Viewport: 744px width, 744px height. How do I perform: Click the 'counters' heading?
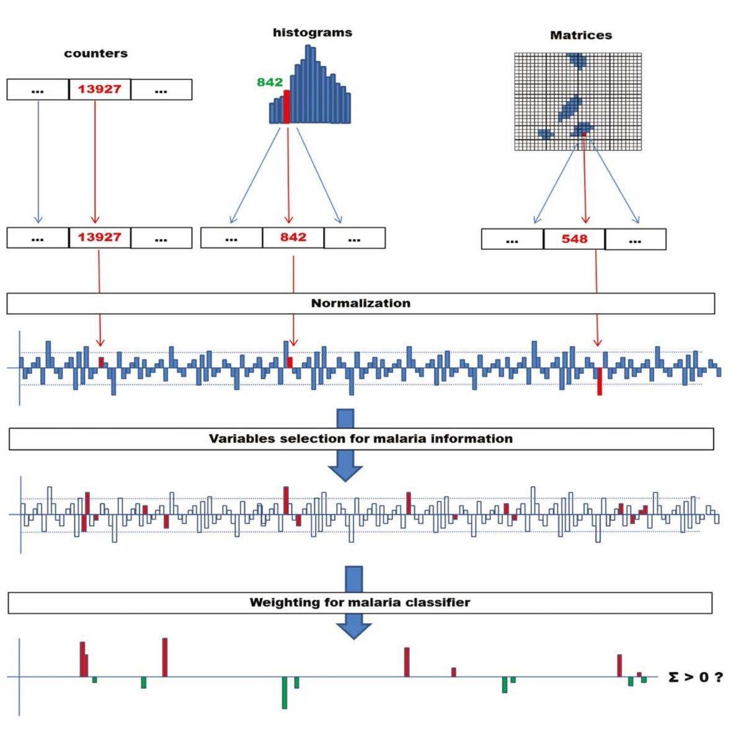(x=95, y=54)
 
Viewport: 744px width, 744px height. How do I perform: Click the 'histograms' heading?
(x=312, y=33)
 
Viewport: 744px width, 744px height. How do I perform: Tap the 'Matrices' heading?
(x=581, y=36)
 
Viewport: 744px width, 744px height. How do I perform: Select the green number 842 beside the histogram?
(x=270, y=82)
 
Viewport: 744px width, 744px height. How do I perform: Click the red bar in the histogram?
(x=286, y=107)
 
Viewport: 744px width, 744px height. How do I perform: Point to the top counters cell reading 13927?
(x=99, y=89)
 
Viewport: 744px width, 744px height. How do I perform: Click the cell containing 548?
(x=574, y=239)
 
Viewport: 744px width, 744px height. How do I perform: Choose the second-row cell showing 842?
(x=293, y=237)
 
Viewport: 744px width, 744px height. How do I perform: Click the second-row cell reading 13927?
(x=99, y=237)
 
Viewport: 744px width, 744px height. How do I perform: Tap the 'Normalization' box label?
(x=360, y=304)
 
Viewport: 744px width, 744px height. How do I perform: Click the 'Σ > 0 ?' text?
(x=696, y=677)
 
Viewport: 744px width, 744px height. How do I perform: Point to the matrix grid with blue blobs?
(x=577, y=102)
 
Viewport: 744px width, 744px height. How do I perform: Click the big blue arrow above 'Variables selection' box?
(x=345, y=418)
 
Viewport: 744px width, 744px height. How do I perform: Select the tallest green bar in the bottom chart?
(x=285, y=693)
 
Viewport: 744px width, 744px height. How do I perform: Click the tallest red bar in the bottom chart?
(x=165, y=657)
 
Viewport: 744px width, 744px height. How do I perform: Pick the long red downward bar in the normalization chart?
(x=600, y=381)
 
